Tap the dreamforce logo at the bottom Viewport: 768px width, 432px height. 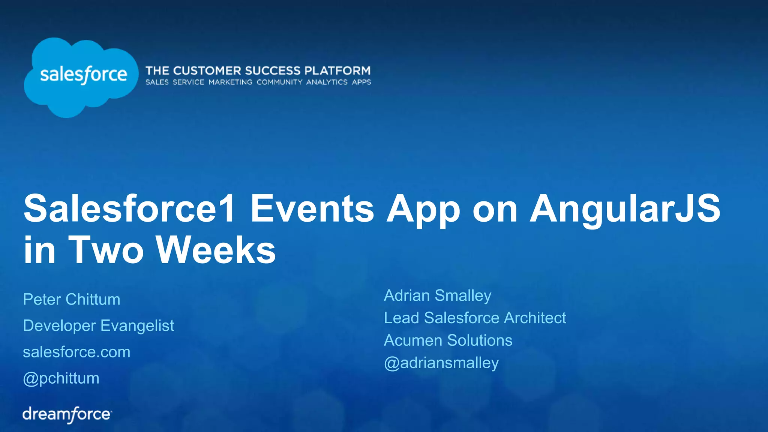(x=67, y=414)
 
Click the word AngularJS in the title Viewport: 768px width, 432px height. (x=625, y=209)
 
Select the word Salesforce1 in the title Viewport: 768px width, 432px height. (x=129, y=209)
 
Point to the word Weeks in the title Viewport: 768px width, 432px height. (x=216, y=250)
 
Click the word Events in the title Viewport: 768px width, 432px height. (x=312, y=209)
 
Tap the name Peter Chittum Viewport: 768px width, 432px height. (x=72, y=300)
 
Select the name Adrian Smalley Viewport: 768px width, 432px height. (x=437, y=295)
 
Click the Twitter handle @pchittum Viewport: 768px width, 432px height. (x=61, y=378)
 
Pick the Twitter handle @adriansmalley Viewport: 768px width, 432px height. (x=441, y=363)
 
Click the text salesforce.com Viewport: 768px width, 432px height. (x=76, y=352)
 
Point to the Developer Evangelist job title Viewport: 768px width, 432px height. (x=99, y=326)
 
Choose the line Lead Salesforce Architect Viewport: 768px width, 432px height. (x=475, y=318)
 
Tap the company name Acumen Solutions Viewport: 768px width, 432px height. (x=448, y=340)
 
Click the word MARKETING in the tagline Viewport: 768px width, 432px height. (x=230, y=82)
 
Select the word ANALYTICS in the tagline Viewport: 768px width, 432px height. (x=327, y=82)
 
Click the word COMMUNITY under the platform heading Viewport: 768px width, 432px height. (x=279, y=82)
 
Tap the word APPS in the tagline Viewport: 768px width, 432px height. (x=361, y=82)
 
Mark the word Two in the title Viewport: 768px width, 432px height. (x=106, y=250)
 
